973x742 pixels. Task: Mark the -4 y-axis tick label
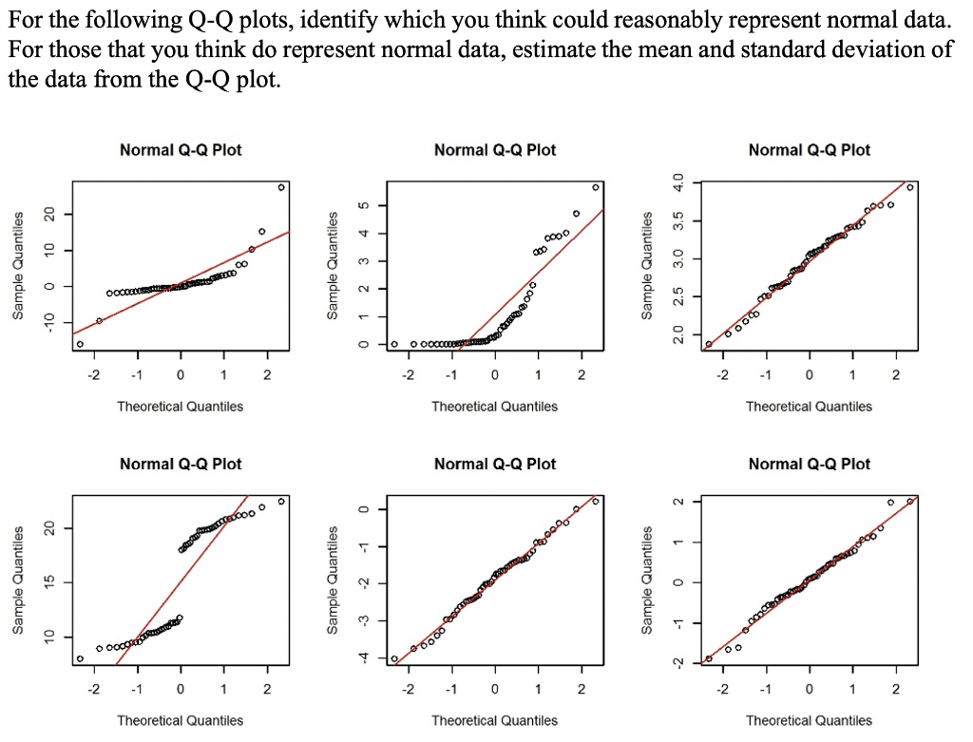pos(359,658)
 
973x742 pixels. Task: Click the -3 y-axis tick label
pos(359,620)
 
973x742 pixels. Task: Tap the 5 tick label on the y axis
pos(359,205)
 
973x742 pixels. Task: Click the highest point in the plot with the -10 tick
pos(281,187)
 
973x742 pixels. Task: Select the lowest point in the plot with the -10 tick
pos(80,344)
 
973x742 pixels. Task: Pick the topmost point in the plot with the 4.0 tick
pos(910,187)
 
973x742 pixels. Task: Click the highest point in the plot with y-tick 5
pos(596,187)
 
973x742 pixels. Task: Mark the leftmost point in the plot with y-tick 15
pos(80,657)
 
